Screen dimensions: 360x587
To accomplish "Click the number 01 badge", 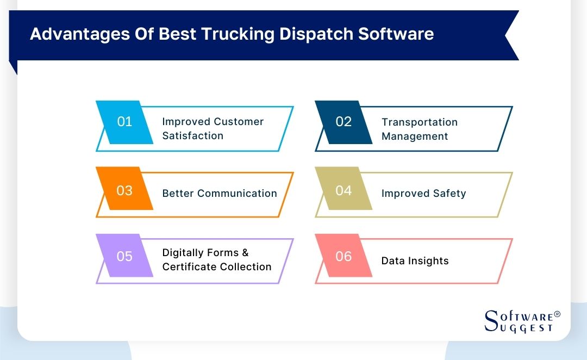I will tap(124, 122).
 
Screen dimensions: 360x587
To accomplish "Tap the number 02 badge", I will tap(344, 122).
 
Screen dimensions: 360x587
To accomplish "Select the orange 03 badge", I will tap(124, 191).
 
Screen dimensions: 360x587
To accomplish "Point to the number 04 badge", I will tap(344, 191).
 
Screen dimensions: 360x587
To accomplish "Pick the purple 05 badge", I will tap(124, 256).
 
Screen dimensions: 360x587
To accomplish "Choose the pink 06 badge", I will tap(344, 256).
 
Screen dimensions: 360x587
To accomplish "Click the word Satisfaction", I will tap(193, 135).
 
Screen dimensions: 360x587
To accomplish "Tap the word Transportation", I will tap(420, 122).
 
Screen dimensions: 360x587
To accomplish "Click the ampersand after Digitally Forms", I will tap(245, 253).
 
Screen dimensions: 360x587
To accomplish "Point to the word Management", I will tap(415, 136).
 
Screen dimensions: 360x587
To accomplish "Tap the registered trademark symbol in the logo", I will tap(557, 314).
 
